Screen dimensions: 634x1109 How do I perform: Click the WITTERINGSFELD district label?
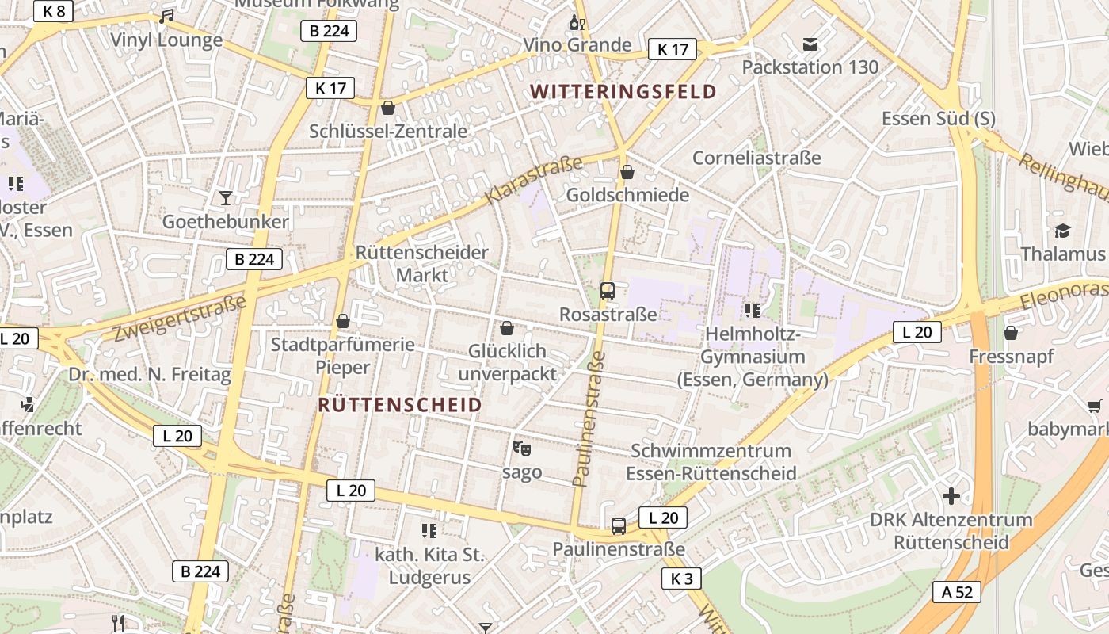point(623,92)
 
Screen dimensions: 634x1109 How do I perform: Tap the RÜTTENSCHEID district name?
point(399,405)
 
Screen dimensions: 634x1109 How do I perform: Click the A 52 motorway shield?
point(956,592)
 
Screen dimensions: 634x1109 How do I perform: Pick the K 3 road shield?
point(681,579)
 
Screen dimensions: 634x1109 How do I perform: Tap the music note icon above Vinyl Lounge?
point(166,17)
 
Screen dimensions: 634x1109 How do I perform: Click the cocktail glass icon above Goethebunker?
point(226,198)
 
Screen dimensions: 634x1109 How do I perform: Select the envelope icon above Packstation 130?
point(810,44)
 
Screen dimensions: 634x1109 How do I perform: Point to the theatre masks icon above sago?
point(521,449)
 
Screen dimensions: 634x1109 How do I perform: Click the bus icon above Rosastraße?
point(608,291)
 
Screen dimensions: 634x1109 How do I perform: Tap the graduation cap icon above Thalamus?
point(1061,231)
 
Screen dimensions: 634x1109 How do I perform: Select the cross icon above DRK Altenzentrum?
point(951,497)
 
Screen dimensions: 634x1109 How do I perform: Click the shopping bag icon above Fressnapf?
point(1011,333)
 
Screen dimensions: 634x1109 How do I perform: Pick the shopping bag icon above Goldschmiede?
point(627,172)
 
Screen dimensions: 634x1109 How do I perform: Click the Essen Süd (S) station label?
point(939,119)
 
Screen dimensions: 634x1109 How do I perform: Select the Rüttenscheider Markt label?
point(421,264)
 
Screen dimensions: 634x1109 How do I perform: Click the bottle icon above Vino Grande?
point(577,22)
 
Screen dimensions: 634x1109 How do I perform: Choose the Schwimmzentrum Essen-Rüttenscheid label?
point(711,462)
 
